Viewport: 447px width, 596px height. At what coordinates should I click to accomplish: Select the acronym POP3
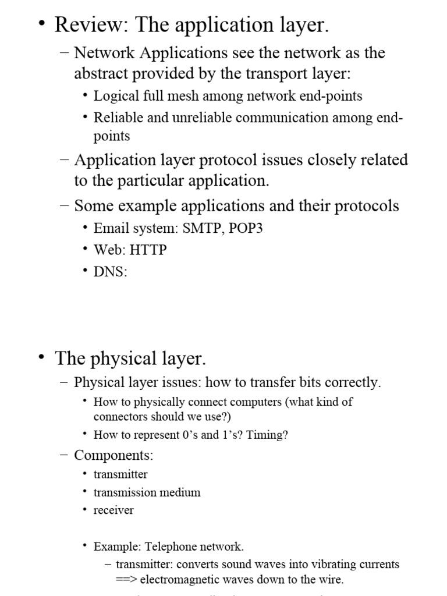point(246,228)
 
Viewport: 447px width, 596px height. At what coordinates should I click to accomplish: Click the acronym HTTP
point(148,250)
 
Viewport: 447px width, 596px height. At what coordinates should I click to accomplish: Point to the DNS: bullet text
point(110,271)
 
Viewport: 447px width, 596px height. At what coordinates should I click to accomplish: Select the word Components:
point(113,455)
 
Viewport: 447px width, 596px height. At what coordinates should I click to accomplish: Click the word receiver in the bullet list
point(113,510)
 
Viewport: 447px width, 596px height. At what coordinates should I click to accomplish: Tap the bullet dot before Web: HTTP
point(86,250)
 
